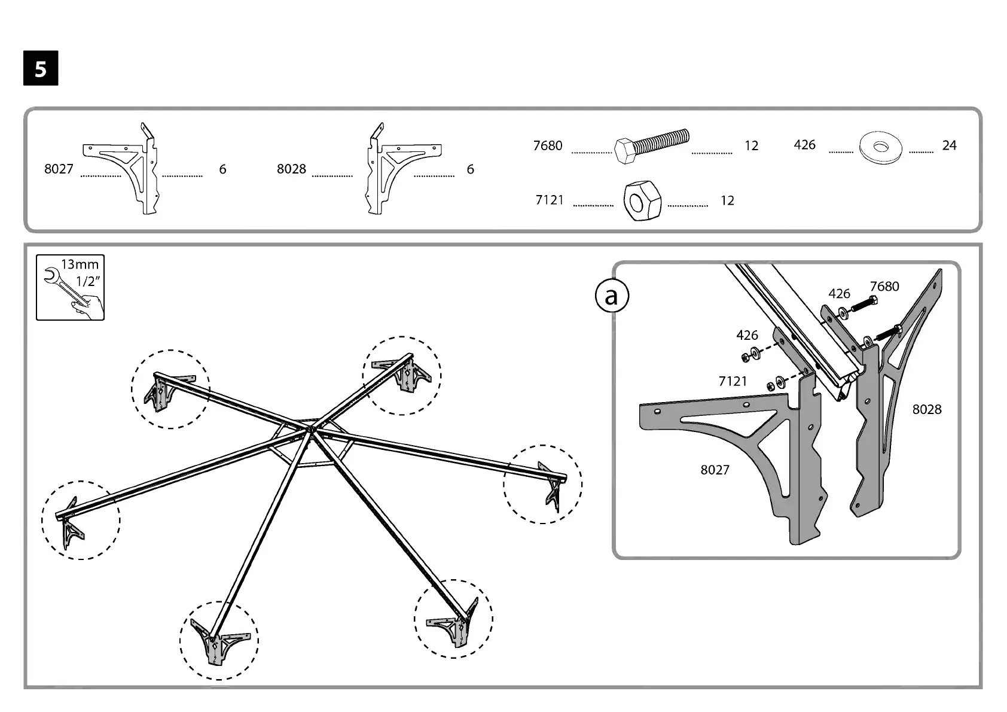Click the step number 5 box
[x=41, y=69]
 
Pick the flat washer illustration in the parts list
[x=880, y=147]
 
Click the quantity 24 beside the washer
[x=949, y=145]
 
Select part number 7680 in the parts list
[x=548, y=145]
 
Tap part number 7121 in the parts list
[x=550, y=200]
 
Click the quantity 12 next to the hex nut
[x=727, y=200]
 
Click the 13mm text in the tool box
[x=80, y=264]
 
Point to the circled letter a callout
[x=611, y=296]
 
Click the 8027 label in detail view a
[x=715, y=470]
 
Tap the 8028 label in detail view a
[x=927, y=409]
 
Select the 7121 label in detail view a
[x=733, y=381]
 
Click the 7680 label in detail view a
[x=884, y=287]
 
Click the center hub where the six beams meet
[x=311, y=428]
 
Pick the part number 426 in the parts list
[x=804, y=145]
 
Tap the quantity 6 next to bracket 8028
[x=471, y=169]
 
